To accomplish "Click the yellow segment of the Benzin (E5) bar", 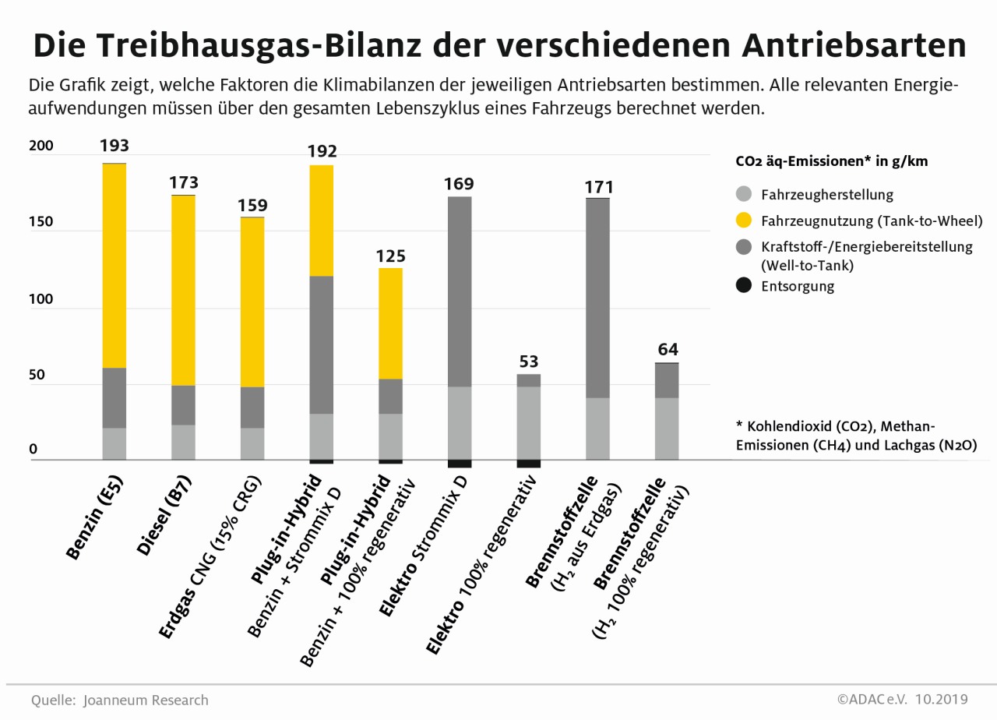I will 114,265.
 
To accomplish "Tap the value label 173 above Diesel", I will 184,183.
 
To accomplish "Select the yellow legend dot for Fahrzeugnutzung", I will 744,221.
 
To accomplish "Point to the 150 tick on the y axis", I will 41,222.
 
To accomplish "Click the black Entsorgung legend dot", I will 744,286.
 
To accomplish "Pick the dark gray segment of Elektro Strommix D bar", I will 460,291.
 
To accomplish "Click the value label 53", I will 529,362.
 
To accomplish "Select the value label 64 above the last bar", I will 668,349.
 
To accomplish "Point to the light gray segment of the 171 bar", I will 597,429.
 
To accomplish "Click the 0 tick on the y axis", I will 33,450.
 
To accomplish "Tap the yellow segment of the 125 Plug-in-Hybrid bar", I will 390,323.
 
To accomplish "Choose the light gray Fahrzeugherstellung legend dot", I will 744,195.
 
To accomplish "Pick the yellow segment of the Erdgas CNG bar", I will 252,302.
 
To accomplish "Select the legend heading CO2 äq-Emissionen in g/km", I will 831,162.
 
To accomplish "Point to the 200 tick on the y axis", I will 41,146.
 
